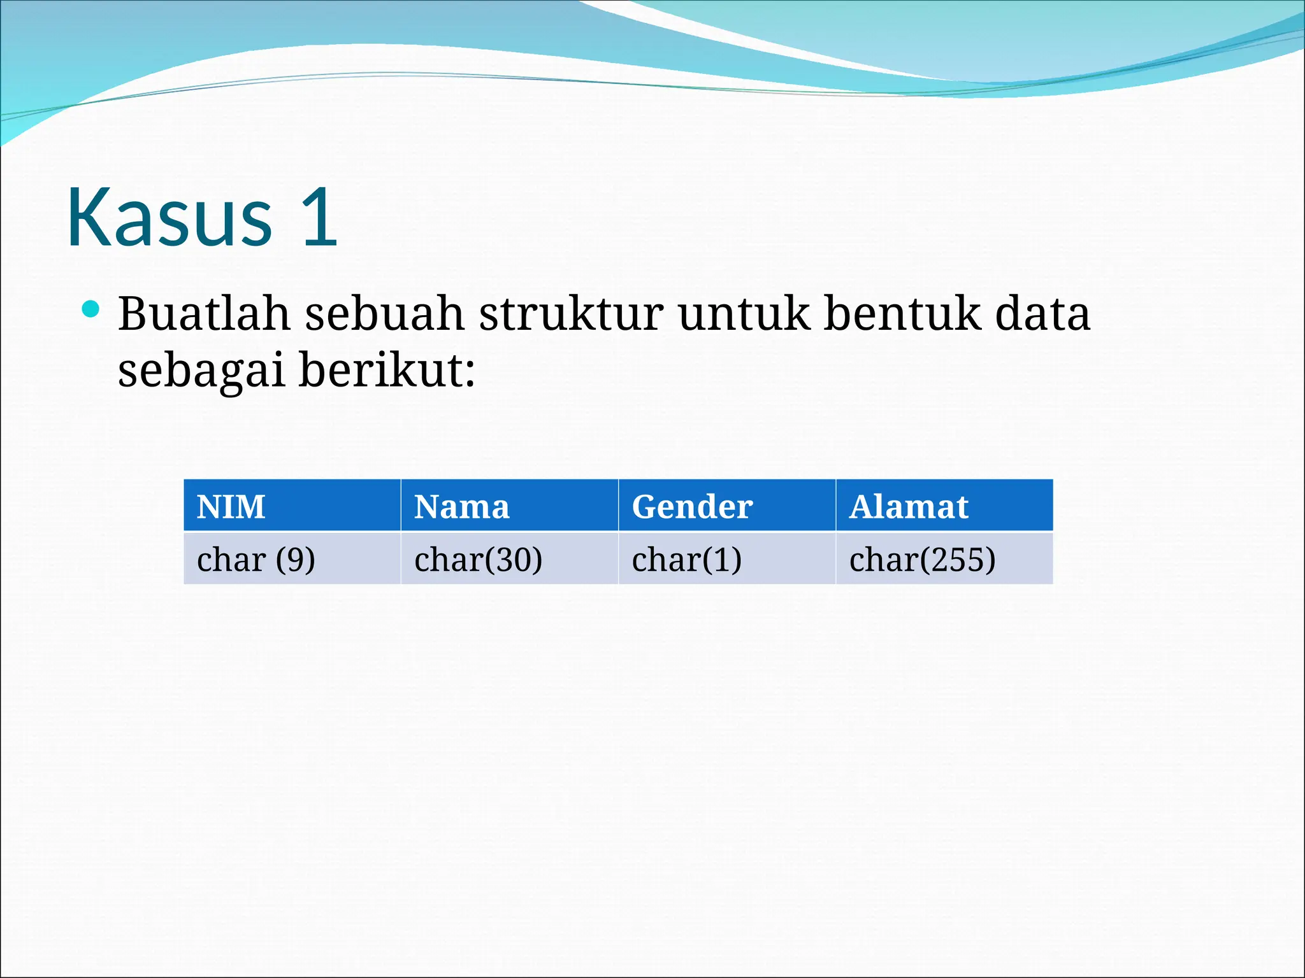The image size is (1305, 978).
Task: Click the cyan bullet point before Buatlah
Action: point(91,310)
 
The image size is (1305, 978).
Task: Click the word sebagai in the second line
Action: point(201,371)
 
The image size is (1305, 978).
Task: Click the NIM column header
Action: point(231,507)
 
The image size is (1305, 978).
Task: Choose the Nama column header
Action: point(461,507)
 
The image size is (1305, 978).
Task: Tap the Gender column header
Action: point(692,507)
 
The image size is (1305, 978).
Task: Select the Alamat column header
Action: point(909,507)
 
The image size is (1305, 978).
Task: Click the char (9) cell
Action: point(256,560)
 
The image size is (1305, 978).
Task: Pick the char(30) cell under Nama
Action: point(478,560)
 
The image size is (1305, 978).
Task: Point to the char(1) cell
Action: point(686,560)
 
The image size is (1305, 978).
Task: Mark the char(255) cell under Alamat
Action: point(922,560)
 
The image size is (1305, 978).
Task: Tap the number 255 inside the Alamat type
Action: point(956,560)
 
